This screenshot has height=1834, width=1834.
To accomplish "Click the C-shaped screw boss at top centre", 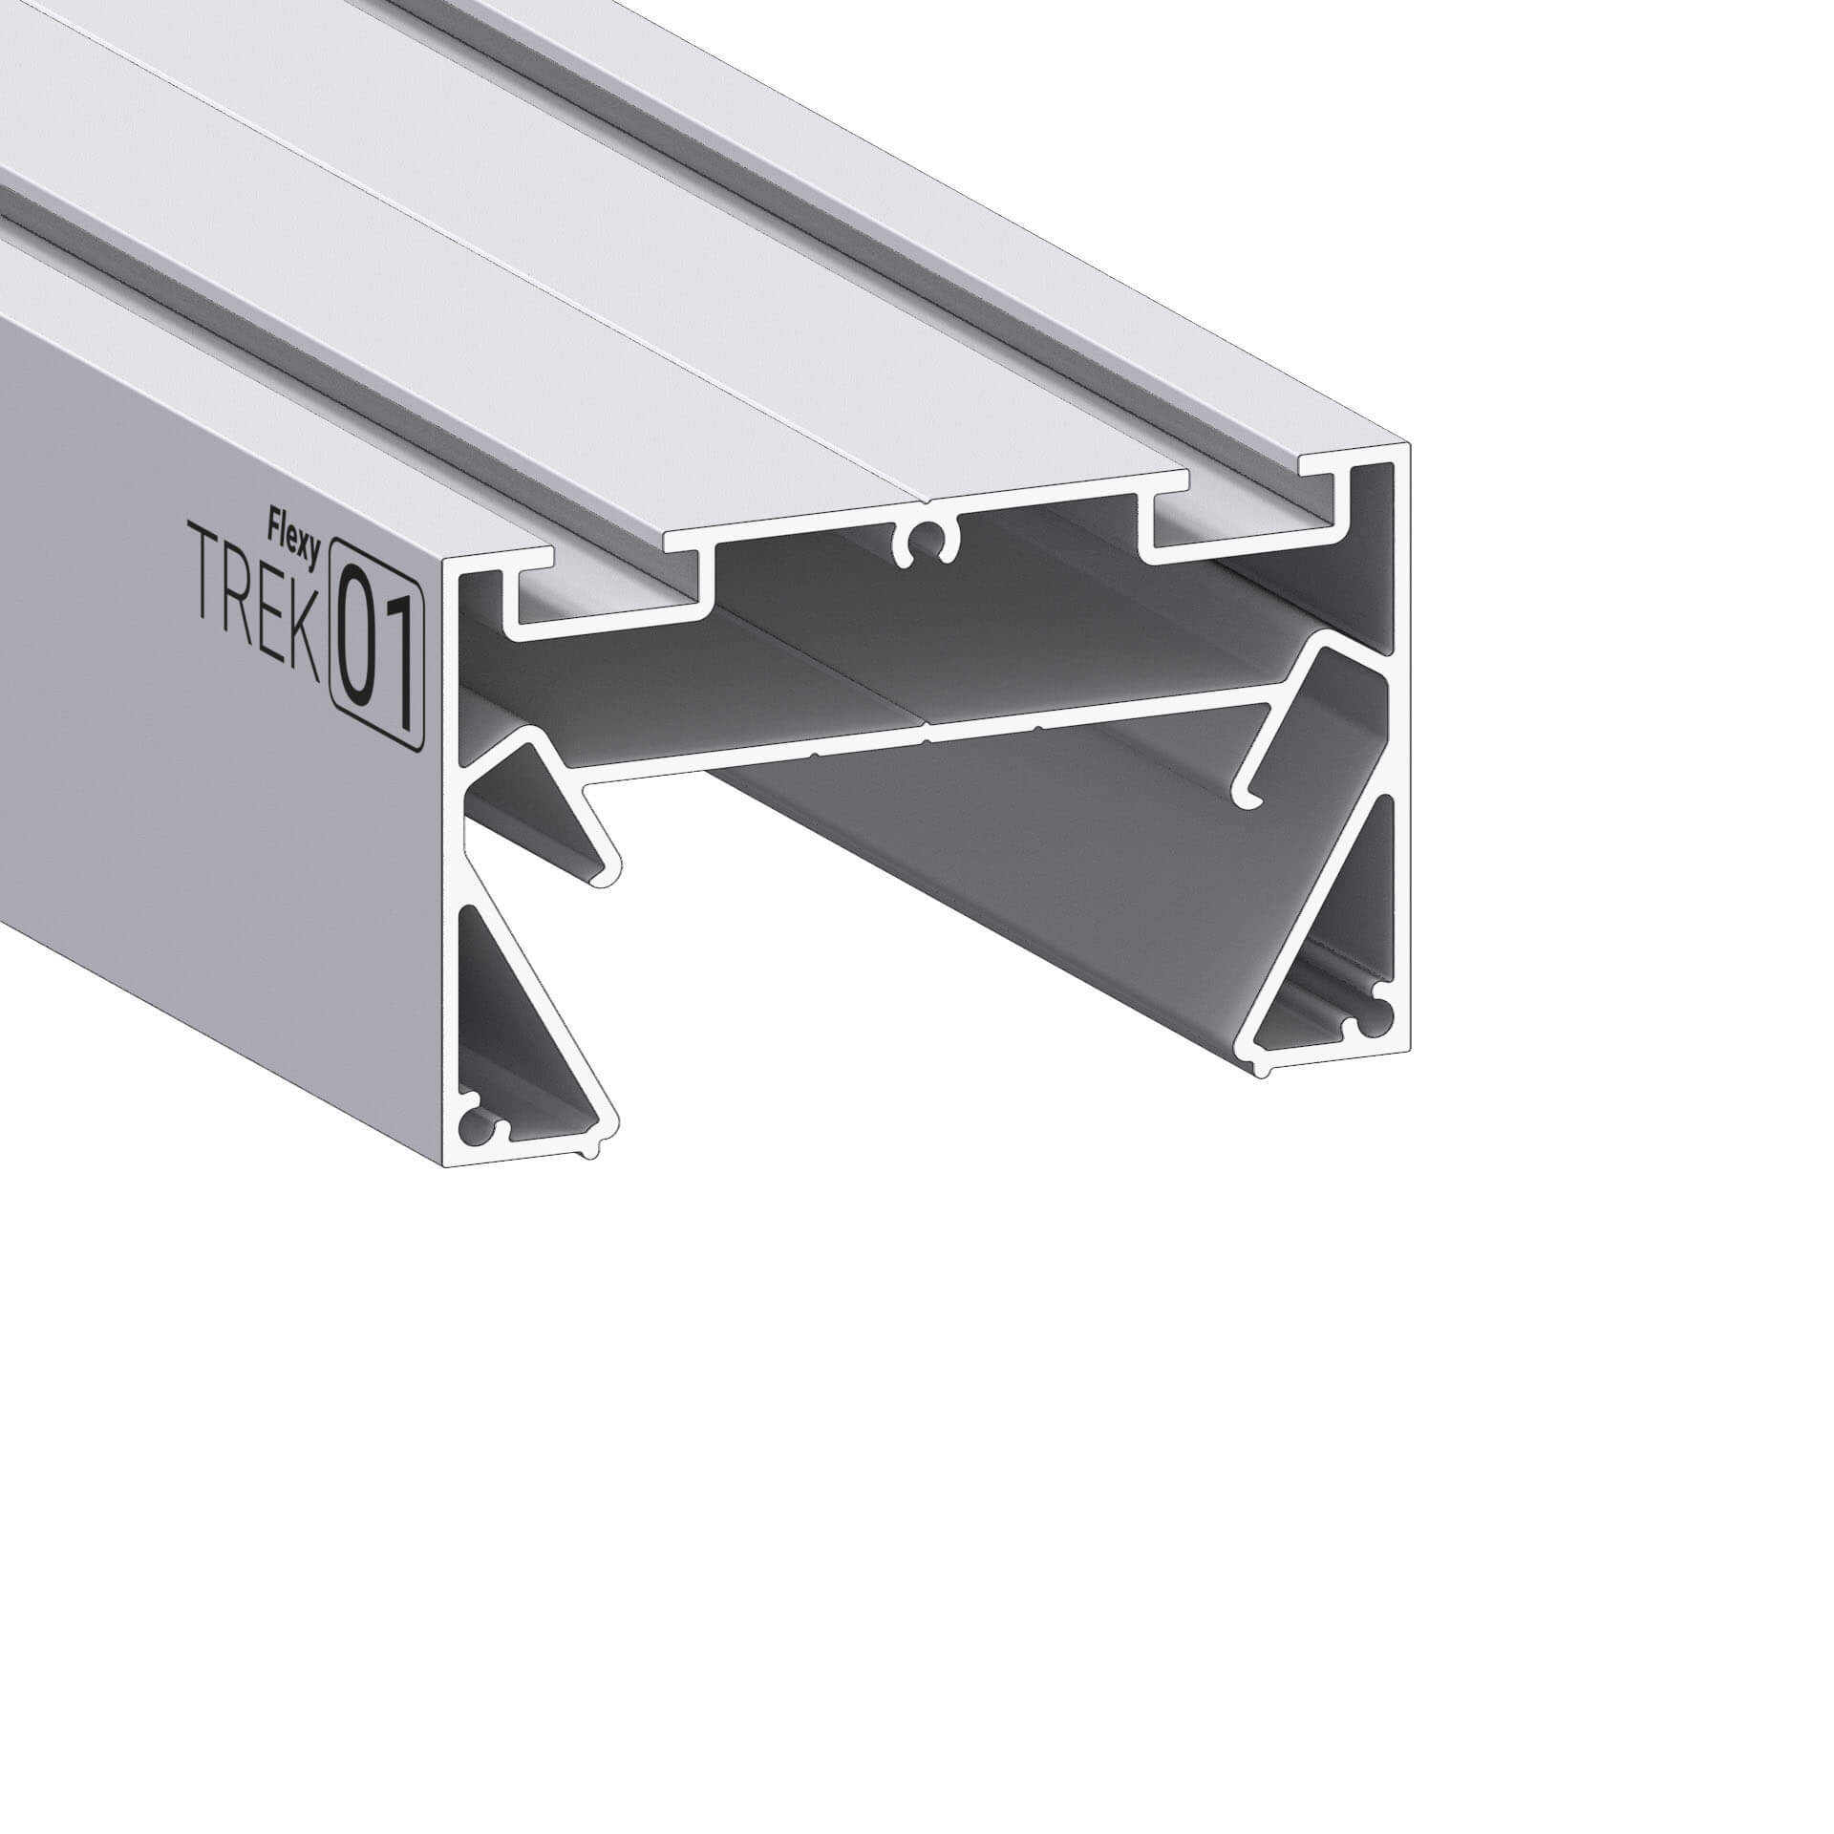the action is coord(924,545).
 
